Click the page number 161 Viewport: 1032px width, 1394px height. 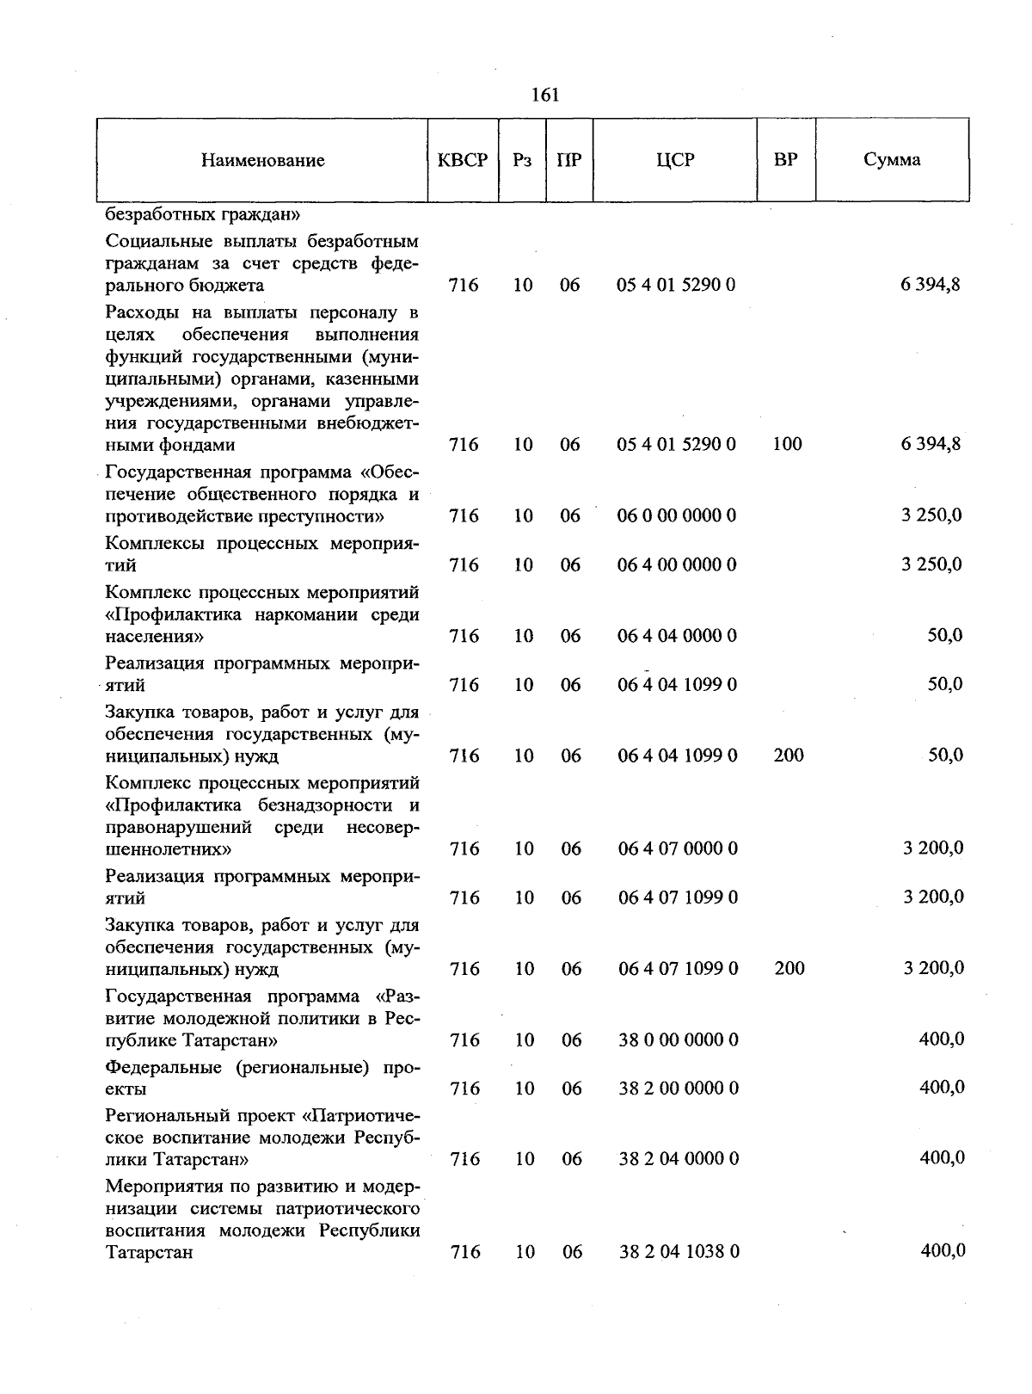(x=545, y=95)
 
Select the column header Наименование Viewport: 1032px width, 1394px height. (x=263, y=161)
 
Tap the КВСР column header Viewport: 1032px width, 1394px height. (x=463, y=160)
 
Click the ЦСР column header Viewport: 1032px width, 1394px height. (x=675, y=160)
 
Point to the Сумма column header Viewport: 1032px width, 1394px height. (x=892, y=160)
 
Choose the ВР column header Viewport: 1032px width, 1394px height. (x=785, y=160)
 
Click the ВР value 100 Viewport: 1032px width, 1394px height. (x=788, y=445)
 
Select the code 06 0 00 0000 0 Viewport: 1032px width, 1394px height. (x=677, y=516)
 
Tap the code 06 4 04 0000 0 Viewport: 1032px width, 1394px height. (x=677, y=637)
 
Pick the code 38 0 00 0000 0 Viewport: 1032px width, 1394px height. (x=678, y=1040)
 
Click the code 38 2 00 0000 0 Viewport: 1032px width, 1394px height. (x=678, y=1089)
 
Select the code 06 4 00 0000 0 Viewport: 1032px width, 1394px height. (x=677, y=565)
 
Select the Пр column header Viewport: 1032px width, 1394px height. (x=569, y=160)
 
